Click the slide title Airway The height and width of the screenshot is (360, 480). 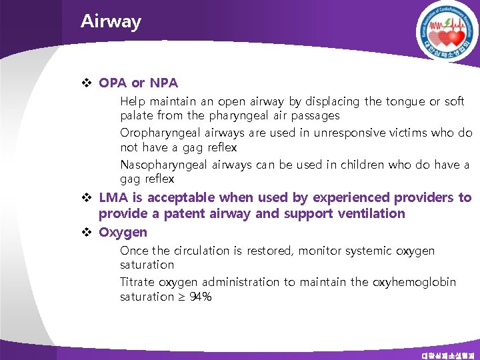(x=111, y=21)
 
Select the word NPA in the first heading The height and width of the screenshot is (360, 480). (x=164, y=83)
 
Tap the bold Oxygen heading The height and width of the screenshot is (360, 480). (x=123, y=232)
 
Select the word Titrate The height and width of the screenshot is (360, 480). (x=137, y=282)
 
